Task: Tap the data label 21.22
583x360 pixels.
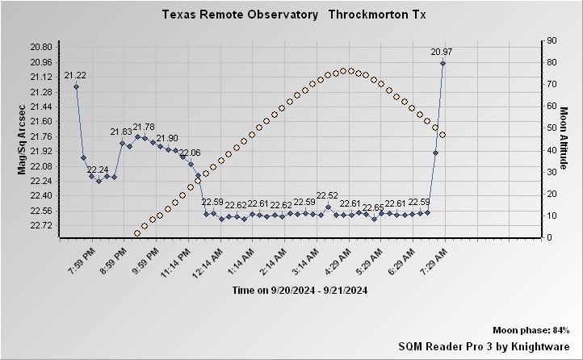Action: [75, 76]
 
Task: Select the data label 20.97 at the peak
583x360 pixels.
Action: [441, 52]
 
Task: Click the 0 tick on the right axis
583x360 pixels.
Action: [548, 237]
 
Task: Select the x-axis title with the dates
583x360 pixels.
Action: [300, 290]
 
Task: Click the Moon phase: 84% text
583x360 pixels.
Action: [531, 331]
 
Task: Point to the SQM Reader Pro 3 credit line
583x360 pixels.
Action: [484, 345]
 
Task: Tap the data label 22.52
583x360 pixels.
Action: [327, 195]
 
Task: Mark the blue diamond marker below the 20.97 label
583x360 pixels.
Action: [442, 63]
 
